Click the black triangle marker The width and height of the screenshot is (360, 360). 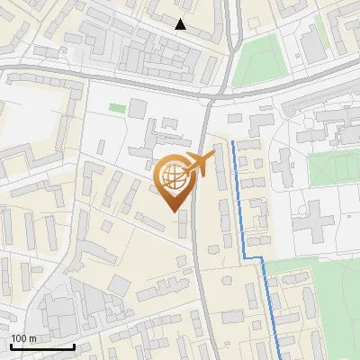pos(181,24)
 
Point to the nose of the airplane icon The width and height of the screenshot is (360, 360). pos(213,156)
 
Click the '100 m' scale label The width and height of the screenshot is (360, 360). pos(23,338)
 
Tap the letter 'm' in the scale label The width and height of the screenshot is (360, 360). pos(32,338)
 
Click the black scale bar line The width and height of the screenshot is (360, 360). pos(42,346)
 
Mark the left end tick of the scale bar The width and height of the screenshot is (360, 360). pos(11,345)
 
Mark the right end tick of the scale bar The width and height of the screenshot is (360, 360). pos(74,345)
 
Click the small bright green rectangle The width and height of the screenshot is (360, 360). pos(117,108)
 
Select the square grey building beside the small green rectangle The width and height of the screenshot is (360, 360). pos(136,109)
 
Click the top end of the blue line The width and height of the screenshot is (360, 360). pos(233,142)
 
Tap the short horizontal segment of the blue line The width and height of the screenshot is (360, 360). pos(253,258)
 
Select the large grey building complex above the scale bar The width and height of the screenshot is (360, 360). pos(63,310)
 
